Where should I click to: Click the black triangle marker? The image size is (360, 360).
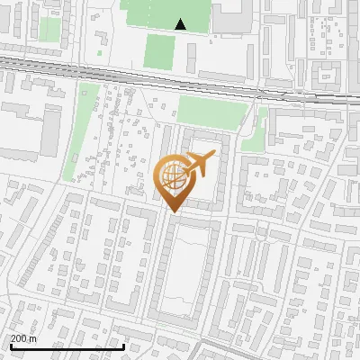tap(181, 25)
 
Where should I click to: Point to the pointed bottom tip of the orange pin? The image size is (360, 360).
tap(174, 213)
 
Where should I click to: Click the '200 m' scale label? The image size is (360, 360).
tap(23, 338)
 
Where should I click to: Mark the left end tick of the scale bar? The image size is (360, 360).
tap(10, 345)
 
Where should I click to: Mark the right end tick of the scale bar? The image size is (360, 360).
tap(123, 345)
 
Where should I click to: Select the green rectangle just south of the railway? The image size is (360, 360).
tap(212, 111)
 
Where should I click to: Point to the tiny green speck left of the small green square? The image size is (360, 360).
tap(100, 53)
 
